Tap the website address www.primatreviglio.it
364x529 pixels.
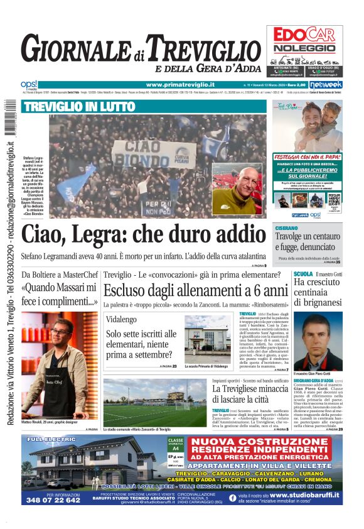tap(180, 85)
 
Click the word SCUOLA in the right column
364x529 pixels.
tap(303, 274)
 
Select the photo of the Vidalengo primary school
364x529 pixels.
tap(207, 339)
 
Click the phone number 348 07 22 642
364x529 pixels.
tap(54, 500)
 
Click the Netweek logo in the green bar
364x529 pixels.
tap(326, 85)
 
